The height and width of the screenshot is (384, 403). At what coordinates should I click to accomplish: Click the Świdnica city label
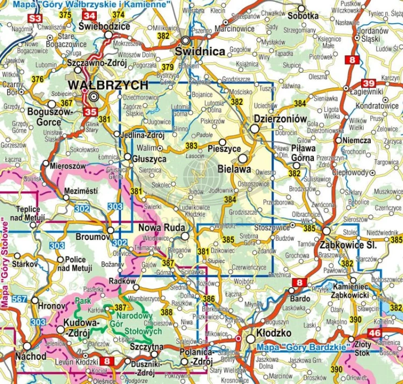[200, 52]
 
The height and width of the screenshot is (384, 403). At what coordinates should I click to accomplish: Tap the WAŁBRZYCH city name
[108, 86]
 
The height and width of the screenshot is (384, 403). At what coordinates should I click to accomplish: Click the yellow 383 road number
[191, 146]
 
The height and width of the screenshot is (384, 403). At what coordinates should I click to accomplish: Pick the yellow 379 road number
[168, 67]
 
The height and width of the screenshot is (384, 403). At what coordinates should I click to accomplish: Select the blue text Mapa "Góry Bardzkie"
[295, 347]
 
